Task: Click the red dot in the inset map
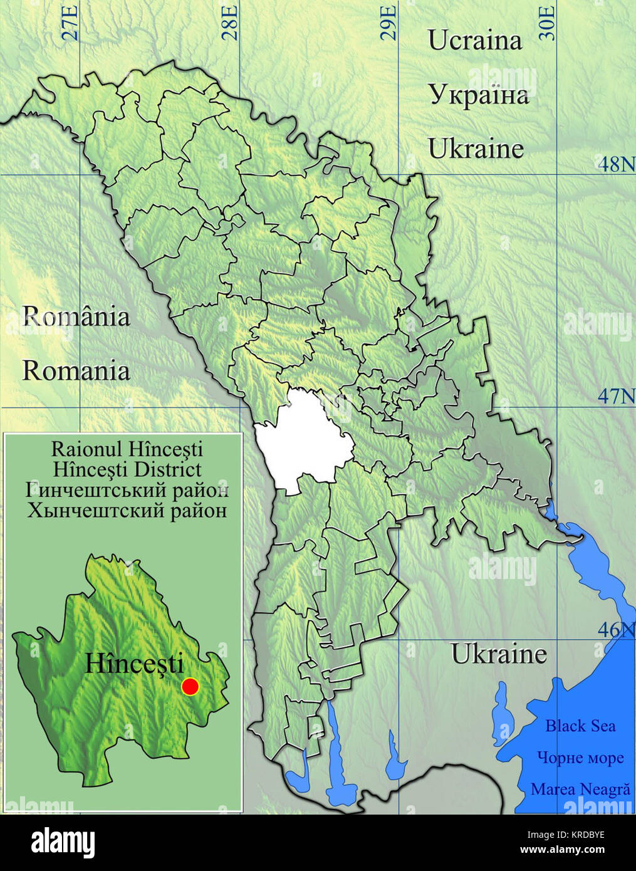tap(190, 686)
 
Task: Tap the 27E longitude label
tap(71, 23)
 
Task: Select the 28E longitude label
tap(230, 23)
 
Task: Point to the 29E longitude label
tap(389, 23)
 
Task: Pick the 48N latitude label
tap(615, 165)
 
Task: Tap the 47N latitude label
tap(615, 396)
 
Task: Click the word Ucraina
tap(474, 40)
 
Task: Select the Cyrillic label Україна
tap(479, 95)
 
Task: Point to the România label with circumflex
tap(76, 316)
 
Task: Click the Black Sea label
tap(580, 726)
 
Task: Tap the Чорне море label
tap(580, 758)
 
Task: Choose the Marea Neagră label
tap(580, 789)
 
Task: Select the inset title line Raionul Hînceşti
tap(127, 449)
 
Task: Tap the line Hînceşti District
tap(127, 469)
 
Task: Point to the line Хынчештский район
tap(127, 510)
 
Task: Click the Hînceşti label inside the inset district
tap(134, 664)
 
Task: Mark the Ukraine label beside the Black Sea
tap(499, 654)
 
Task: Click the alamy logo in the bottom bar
tap(63, 843)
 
